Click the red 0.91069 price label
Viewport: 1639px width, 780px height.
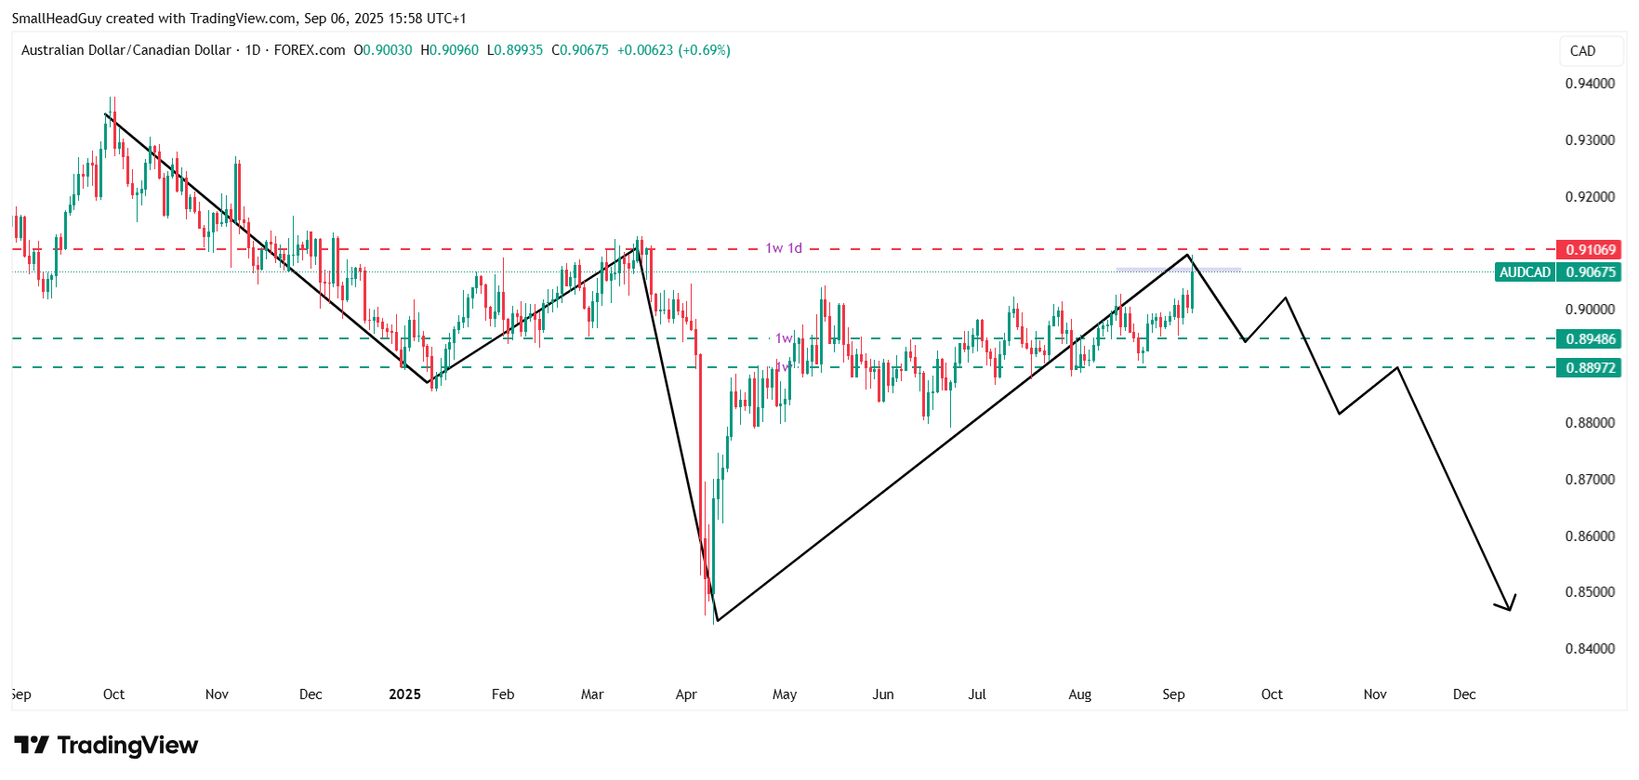(1589, 249)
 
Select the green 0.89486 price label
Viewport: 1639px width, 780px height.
(1589, 338)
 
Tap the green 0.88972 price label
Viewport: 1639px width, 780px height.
(1589, 367)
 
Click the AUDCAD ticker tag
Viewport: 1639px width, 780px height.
(1525, 272)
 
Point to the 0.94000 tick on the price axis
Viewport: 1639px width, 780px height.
(1590, 84)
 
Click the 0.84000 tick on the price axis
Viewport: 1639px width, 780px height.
(1590, 649)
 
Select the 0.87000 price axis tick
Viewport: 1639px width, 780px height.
(1590, 480)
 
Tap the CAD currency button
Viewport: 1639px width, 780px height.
(1582, 51)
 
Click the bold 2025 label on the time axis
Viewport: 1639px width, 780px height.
(404, 694)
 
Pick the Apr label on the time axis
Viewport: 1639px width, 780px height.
(686, 694)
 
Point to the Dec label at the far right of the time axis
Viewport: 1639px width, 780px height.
(1464, 694)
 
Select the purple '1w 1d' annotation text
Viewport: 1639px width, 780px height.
(784, 248)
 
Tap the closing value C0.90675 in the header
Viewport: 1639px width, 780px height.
(580, 50)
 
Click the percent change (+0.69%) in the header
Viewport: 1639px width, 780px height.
(704, 50)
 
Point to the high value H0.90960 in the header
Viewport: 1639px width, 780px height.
(450, 50)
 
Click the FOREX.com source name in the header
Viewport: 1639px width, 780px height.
(310, 50)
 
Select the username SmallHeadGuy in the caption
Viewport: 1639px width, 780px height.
(57, 19)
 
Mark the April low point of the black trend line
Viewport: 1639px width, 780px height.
(717, 620)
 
